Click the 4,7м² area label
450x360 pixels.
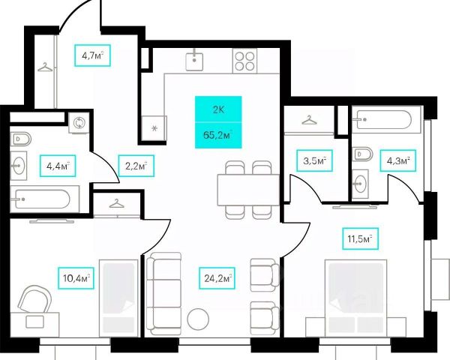(92, 55)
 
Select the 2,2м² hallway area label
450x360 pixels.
(136, 164)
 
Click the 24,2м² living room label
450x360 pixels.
(217, 278)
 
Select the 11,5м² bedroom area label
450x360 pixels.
(358, 239)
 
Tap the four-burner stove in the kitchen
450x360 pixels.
(244, 58)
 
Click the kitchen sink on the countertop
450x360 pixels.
(196, 58)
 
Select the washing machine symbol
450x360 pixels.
(78, 124)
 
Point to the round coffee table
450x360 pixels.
(198, 318)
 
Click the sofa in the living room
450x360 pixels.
(164, 292)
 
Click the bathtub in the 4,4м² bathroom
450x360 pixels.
(41, 199)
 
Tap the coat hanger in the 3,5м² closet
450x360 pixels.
(307, 119)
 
